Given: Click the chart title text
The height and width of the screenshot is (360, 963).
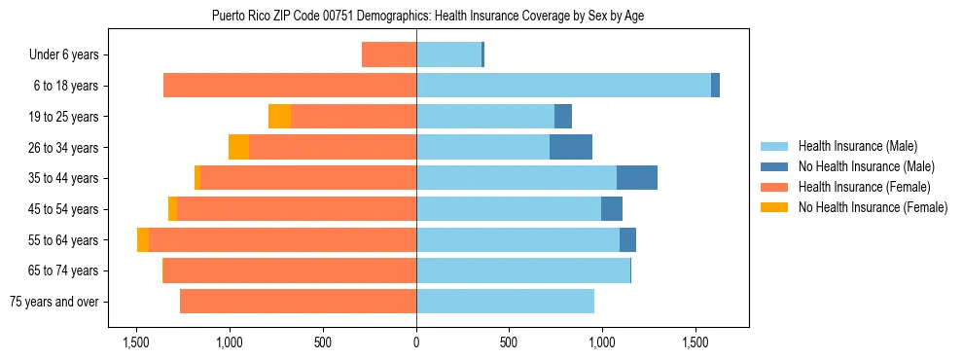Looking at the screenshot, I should (427, 16).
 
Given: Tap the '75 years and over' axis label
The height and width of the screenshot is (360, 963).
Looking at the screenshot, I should (54, 302).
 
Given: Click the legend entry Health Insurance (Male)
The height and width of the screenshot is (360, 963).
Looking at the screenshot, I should (857, 146).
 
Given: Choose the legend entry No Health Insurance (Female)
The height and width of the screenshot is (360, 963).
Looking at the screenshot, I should (873, 207).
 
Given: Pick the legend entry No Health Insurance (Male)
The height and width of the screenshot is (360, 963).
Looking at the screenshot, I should (866, 166).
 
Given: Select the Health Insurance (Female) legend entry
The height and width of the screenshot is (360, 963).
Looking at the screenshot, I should (864, 187).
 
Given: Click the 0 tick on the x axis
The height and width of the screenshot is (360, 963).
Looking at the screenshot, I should (416, 342).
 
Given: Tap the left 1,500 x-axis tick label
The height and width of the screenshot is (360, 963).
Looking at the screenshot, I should (136, 342).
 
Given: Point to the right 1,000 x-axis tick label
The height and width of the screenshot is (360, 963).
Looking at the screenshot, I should (602, 342).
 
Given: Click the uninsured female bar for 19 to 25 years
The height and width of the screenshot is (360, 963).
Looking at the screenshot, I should (280, 117).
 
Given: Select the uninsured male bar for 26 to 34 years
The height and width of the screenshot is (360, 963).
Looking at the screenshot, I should (571, 148).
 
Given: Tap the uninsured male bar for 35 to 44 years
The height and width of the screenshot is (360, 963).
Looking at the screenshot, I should (637, 178).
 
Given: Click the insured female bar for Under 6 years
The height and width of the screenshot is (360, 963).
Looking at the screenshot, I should (389, 55).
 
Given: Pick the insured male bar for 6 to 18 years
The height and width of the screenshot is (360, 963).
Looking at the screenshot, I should (564, 86).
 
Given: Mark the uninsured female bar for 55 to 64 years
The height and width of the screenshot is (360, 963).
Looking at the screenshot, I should (143, 240).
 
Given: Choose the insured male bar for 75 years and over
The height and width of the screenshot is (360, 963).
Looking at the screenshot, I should (506, 302).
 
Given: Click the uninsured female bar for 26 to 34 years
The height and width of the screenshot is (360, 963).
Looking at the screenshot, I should (239, 148).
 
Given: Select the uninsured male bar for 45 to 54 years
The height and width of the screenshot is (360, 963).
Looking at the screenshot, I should (612, 209).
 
